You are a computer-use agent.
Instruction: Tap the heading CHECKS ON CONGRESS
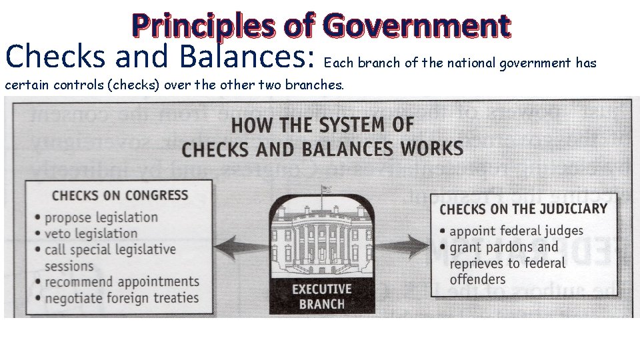(120, 195)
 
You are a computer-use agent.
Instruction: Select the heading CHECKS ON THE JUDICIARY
(523, 209)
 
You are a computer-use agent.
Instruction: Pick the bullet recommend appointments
(122, 282)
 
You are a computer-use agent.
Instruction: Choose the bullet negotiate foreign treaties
(121, 298)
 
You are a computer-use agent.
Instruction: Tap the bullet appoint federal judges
(516, 231)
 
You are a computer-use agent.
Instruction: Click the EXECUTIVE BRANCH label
(321, 297)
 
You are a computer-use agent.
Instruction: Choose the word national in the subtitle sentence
(473, 63)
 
